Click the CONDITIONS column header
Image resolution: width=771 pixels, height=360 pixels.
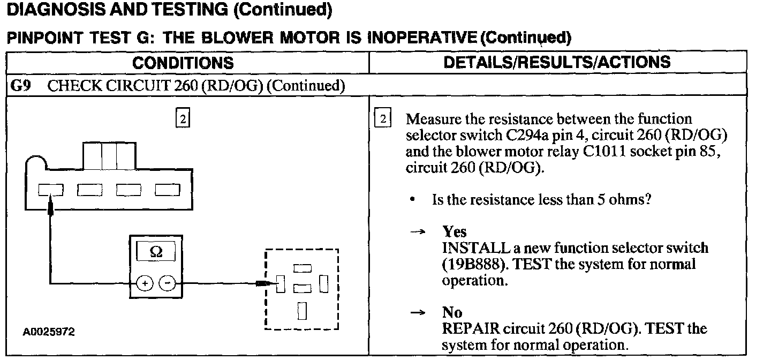(x=183, y=63)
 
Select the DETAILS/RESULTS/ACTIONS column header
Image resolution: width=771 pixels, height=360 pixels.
(x=557, y=62)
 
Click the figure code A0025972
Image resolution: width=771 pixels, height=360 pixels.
(x=49, y=332)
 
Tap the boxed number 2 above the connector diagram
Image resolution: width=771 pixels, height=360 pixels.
(x=182, y=119)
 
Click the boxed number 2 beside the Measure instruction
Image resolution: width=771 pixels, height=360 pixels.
(x=383, y=119)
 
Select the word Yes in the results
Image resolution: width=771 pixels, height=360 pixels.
(x=455, y=232)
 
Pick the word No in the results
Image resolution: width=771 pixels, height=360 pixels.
(x=452, y=312)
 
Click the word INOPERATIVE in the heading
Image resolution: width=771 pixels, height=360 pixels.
(x=422, y=37)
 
